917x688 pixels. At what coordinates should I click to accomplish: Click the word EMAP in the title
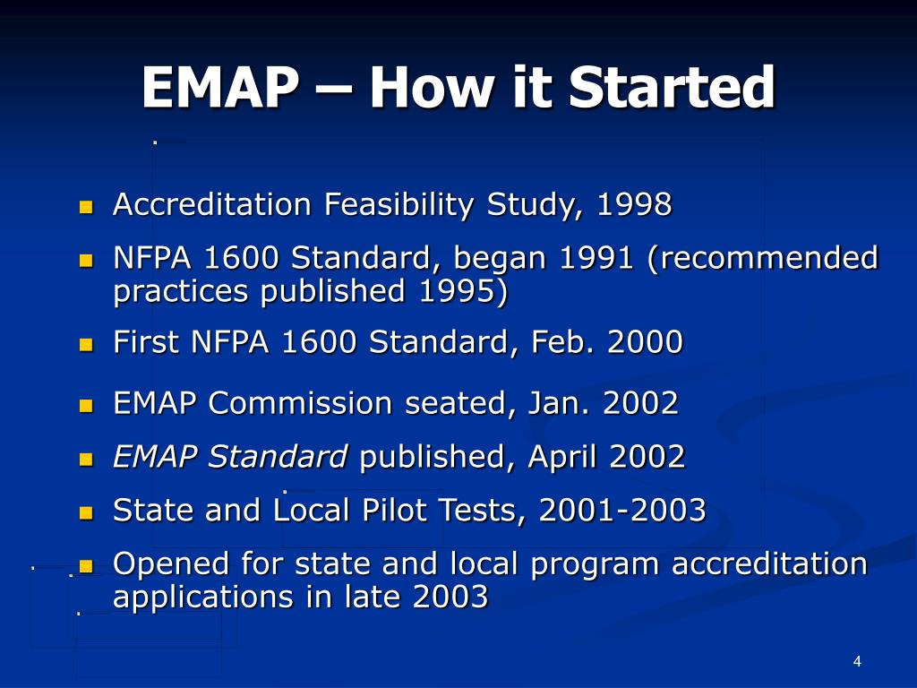[x=220, y=87]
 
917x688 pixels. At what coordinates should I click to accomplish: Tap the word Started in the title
[x=673, y=87]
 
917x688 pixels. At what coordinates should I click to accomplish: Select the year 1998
[x=635, y=204]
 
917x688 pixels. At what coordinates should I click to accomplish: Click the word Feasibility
[x=399, y=205]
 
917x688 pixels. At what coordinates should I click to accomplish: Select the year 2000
[x=645, y=341]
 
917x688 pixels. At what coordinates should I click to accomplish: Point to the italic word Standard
[x=278, y=456]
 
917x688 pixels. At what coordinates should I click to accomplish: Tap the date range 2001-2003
[x=622, y=510]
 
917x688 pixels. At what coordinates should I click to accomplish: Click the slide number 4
[x=857, y=661]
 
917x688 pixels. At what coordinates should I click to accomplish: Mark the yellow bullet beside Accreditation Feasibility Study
[x=86, y=207]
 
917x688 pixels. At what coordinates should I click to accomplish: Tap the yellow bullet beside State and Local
[x=86, y=513]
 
